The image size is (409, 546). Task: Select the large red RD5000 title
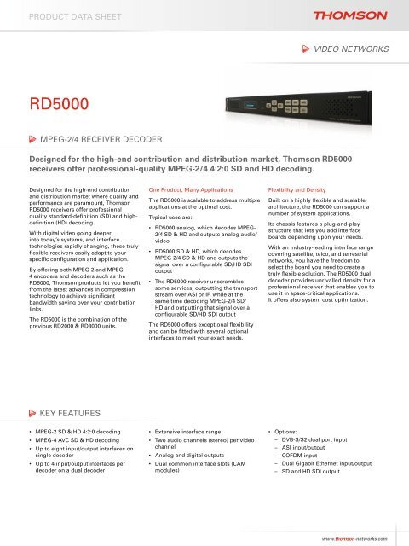coord(57,104)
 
